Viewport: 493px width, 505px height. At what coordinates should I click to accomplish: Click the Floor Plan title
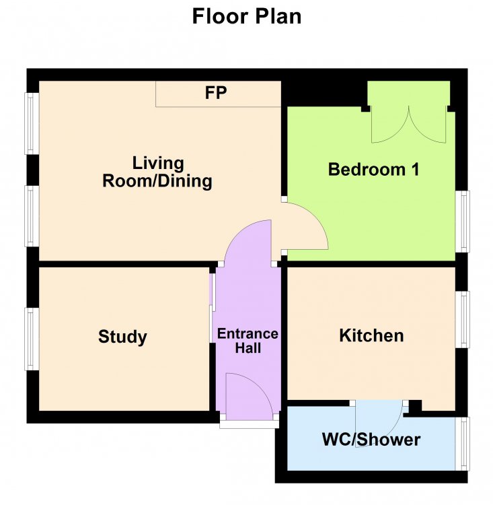pyautogui.click(x=246, y=16)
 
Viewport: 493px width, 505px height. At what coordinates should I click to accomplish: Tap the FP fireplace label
pyautogui.click(x=216, y=93)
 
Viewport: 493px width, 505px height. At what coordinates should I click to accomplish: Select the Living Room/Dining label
pyautogui.click(x=157, y=172)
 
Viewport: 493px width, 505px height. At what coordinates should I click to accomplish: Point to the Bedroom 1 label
pyautogui.click(x=373, y=169)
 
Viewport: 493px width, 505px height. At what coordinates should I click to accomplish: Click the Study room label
pyautogui.click(x=122, y=337)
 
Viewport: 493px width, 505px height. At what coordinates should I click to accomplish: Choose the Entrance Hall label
pyautogui.click(x=248, y=341)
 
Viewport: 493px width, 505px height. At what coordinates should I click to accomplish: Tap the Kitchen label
pyautogui.click(x=371, y=335)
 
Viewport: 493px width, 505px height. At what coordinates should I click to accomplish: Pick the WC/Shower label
pyautogui.click(x=371, y=440)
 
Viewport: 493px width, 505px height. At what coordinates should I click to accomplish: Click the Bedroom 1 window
pyautogui.click(x=463, y=222)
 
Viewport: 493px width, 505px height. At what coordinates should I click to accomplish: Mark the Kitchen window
pyautogui.click(x=463, y=319)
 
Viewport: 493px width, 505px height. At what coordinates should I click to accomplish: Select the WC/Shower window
pyautogui.click(x=463, y=444)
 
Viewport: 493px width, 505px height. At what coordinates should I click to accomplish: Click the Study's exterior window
pyautogui.click(x=32, y=339)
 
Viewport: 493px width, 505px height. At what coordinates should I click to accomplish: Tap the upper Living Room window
pyautogui.click(x=32, y=124)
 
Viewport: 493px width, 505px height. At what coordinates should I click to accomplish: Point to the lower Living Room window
pyautogui.click(x=32, y=216)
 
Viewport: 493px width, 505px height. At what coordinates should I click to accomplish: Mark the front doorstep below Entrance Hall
pyautogui.click(x=250, y=424)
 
